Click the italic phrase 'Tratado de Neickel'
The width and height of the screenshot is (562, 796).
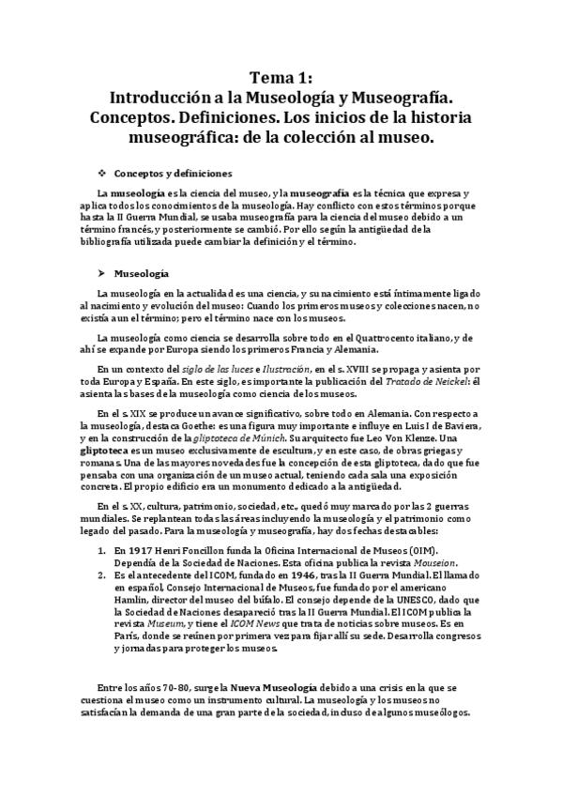(x=417, y=382)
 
